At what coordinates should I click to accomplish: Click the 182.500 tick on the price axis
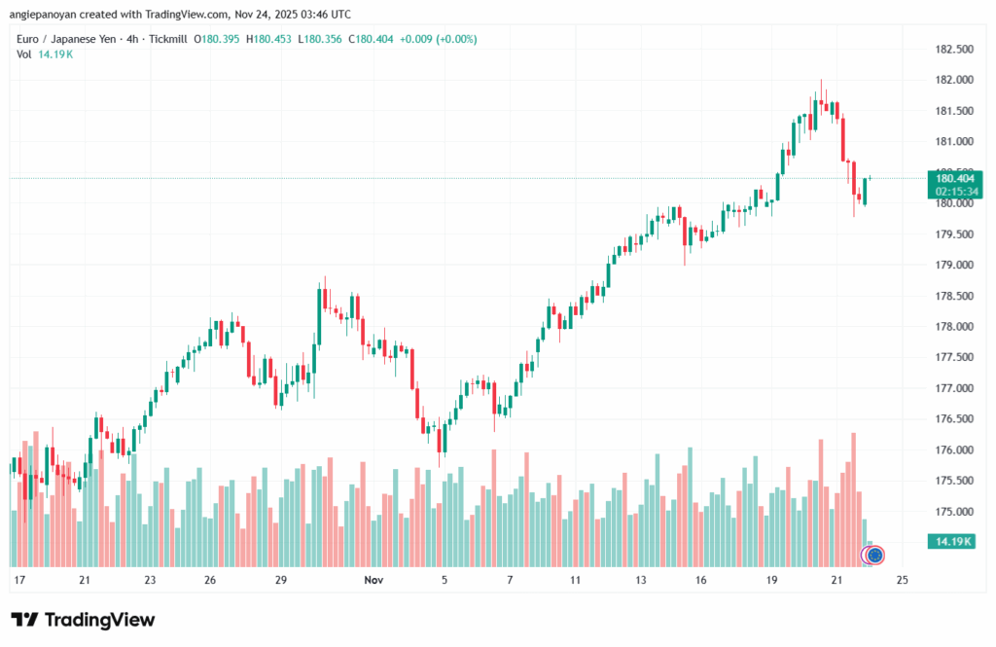pyautogui.click(x=953, y=50)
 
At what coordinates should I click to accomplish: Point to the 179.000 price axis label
pyautogui.click(x=953, y=265)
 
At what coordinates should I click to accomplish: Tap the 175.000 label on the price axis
pyautogui.click(x=953, y=512)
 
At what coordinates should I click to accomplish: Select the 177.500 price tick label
pyautogui.click(x=953, y=357)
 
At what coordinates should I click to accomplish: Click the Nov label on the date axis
pyautogui.click(x=374, y=580)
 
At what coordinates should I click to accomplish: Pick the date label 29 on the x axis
pyautogui.click(x=280, y=580)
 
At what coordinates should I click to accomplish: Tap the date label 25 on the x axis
pyautogui.click(x=902, y=580)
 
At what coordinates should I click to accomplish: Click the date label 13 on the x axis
pyautogui.click(x=641, y=580)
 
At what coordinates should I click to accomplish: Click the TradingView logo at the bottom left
pyautogui.click(x=83, y=620)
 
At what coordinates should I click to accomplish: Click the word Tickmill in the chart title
pyautogui.click(x=167, y=39)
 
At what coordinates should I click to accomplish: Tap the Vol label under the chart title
pyautogui.click(x=24, y=54)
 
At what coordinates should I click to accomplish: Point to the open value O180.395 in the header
pyautogui.click(x=214, y=39)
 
